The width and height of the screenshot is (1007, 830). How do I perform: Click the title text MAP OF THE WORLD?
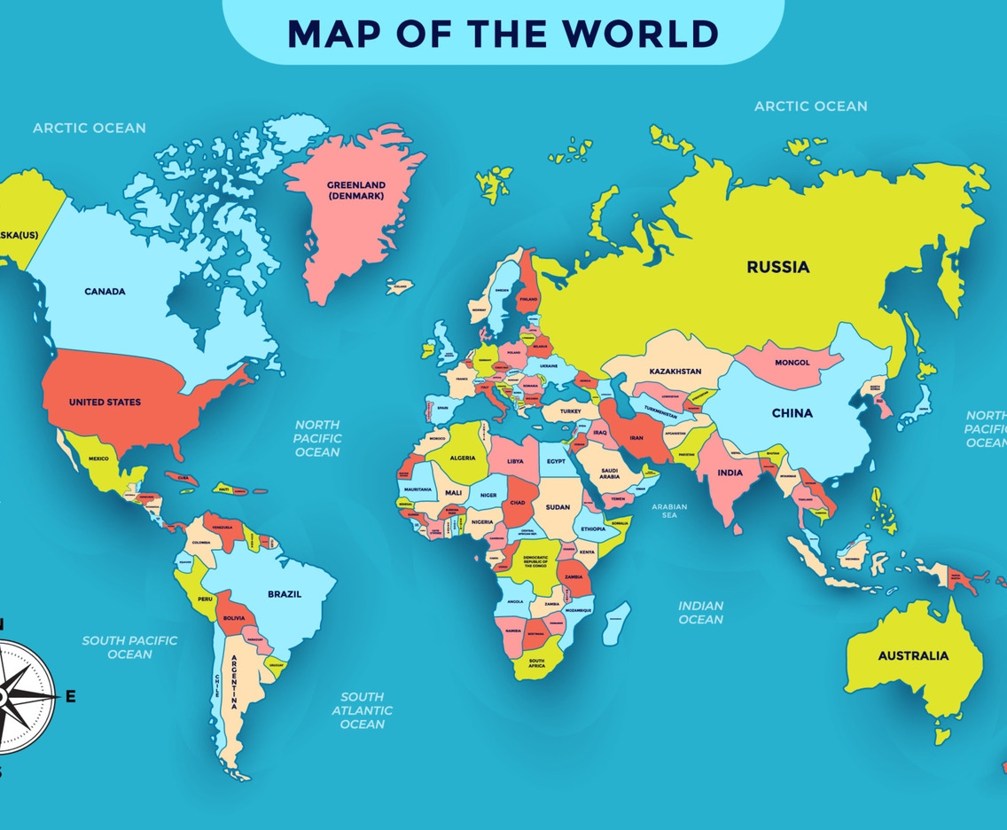pos(503,33)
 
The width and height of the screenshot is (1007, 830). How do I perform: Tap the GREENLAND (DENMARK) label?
pos(355,191)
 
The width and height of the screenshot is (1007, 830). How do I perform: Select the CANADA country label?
pos(105,291)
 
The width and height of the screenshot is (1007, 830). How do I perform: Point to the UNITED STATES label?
pos(105,403)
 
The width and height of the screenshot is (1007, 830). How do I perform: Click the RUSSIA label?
pos(777,267)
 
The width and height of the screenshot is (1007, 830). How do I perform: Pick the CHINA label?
pos(792,413)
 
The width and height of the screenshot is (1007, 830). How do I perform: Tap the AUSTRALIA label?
pos(913,656)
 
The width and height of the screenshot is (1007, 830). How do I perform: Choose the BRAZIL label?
pos(285,594)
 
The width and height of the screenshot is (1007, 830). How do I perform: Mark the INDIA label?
pos(730,473)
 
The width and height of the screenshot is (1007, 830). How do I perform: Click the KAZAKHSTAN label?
pos(675,372)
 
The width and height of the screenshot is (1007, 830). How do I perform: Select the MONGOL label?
pos(792,363)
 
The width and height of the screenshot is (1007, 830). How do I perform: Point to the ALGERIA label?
pos(463,458)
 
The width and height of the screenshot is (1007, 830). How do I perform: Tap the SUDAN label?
pos(558,507)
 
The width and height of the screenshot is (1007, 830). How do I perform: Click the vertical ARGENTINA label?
pos(234,681)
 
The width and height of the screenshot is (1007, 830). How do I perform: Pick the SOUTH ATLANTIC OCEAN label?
pos(363,710)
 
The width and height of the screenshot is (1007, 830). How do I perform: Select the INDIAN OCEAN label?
pos(701,612)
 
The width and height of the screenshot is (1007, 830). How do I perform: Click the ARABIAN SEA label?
pos(669,511)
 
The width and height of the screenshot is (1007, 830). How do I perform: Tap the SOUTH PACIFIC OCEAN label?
pos(130,646)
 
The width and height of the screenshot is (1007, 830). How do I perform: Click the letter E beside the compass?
pos(70,697)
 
